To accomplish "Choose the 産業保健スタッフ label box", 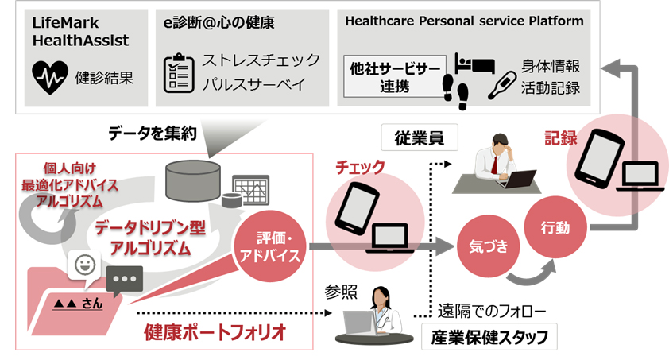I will pyautogui.click(x=488, y=336).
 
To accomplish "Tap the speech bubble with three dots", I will pyautogui.click(x=124, y=280).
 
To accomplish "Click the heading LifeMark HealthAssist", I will pyautogui.click(x=81, y=30).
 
